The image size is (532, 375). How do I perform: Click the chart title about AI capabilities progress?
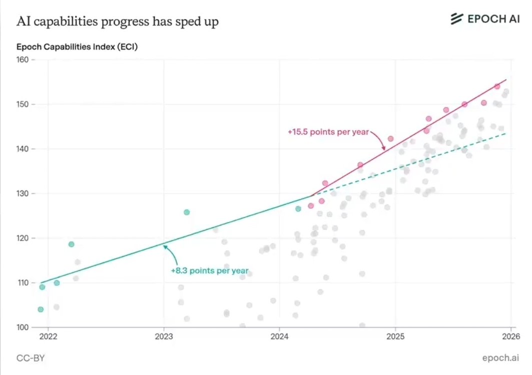(118, 22)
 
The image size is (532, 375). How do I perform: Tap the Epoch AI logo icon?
(456, 19)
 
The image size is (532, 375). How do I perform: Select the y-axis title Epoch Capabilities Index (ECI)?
(77, 48)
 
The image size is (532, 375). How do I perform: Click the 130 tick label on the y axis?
(23, 193)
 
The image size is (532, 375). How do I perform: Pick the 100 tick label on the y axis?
(23, 327)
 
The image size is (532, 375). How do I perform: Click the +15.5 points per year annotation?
(328, 132)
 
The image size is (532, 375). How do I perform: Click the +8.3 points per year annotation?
(210, 271)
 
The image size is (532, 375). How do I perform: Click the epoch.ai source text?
(500, 358)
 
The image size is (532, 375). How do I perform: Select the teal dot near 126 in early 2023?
(187, 212)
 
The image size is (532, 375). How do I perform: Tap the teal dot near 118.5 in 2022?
(71, 244)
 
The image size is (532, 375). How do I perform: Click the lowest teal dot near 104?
(41, 309)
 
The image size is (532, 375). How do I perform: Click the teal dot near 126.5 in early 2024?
(298, 209)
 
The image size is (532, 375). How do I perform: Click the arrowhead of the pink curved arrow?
(383, 149)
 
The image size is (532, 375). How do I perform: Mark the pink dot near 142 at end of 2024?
(390, 139)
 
